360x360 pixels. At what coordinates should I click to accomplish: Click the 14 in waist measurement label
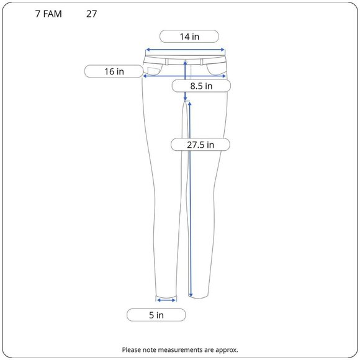pyautogui.click(x=189, y=36)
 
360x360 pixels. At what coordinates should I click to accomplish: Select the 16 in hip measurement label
pyautogui.click(x=114, y=71)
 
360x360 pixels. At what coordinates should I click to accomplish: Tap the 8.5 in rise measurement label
pyautogui.click(x=201, y=86)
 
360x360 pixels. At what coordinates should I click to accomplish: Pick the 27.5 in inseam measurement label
pyautogui.click(x=200, y=145)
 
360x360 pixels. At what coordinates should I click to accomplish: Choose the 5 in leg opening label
pyautogui.click(x=156, y=315)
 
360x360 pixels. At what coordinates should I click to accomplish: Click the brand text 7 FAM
pyautogui.click(x=48, y=14)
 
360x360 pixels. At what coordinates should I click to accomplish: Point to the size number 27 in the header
pyautogui.click(x=91, y=14)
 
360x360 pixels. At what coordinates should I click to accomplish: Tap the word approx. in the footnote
pyautogui.click(x=227, y=350)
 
